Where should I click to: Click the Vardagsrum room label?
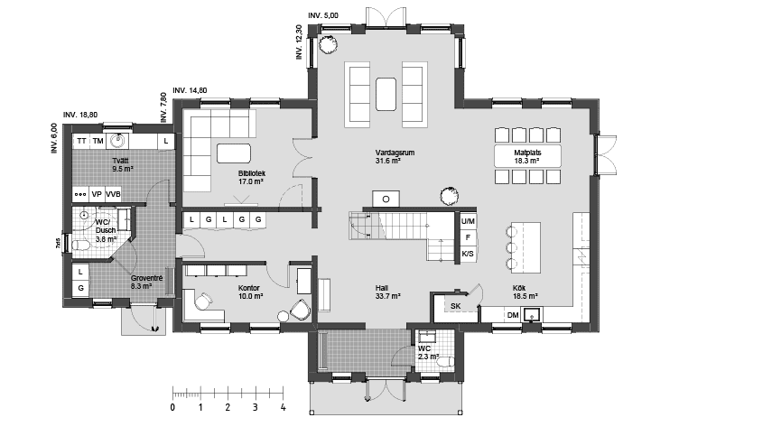[x=395, y=153]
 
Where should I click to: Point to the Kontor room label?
[x=249, y=287]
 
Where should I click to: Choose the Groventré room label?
[x=146, y=278]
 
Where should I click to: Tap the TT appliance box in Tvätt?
[x=82, y=142]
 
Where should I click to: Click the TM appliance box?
[x=98, y=142]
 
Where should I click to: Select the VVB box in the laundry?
[x=113, y=194]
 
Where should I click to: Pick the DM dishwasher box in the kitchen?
[x=513, y=314]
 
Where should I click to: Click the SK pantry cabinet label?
[x=455, y=307]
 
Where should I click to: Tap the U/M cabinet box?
[x=468, y=221]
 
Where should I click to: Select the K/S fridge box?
[x=468, y=255]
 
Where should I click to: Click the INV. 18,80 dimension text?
[x=81, y=115]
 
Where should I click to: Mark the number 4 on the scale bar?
[x=284, y=407]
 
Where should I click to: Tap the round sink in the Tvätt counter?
[x=117, y=141]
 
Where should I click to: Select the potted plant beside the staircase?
[x=447, y=194]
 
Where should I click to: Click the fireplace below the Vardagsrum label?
[x=386, y=199]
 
